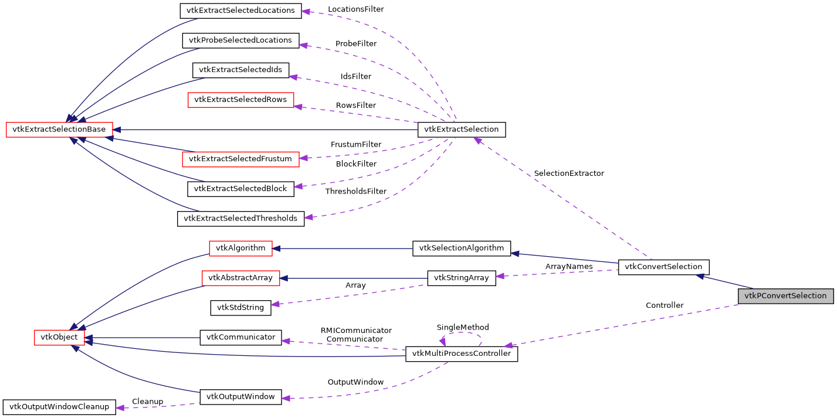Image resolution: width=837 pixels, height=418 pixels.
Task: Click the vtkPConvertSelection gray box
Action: click(785, 296)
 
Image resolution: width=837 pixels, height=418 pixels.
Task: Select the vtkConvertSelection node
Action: click(663, 267)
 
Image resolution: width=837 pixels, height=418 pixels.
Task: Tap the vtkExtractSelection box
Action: click(461, 130)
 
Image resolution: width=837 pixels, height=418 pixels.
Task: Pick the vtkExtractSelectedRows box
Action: click(240, 100)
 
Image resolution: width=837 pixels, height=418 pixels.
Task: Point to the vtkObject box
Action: click(59, 338)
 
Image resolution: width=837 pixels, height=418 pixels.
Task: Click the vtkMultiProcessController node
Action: click(462, 354)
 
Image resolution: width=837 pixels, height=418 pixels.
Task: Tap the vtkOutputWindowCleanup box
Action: click(59, 407)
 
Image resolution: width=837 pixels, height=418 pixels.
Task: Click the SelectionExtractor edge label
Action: click(568, 174)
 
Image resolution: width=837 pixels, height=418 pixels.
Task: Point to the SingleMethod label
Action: click(462, 327)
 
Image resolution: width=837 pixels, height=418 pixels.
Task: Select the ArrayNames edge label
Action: click(568, 267)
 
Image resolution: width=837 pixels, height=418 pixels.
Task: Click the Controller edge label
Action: click(664, 305)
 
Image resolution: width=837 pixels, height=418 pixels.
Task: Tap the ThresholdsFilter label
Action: click(356, 192)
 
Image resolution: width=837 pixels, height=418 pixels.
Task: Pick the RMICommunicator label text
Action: click(356, 331)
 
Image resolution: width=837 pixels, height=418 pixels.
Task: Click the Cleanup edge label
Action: click(147, 402)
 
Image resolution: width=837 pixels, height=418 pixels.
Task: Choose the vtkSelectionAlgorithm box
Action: click(461, 248)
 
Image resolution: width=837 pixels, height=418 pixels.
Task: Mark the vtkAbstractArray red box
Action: click(240, 278)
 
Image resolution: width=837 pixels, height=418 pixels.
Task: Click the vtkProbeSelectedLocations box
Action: click(240, 40)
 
